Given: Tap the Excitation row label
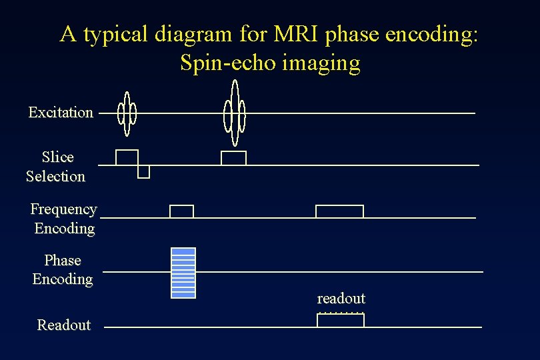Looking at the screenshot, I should (61, 112).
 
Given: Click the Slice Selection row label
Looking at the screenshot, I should (56, 167).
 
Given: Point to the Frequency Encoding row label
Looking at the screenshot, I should (64, 219).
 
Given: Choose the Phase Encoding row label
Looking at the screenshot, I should (63, 269).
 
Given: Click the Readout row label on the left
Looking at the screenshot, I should (64, 325).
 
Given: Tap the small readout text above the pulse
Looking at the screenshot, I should (341, 298).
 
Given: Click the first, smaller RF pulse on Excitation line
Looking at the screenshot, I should (127, 113).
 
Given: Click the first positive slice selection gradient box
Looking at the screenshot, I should (127, 157).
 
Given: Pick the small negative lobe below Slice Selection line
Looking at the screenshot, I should (143, 172).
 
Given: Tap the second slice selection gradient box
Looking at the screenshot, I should (233, 158).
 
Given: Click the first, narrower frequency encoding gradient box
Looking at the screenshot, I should (181, 211).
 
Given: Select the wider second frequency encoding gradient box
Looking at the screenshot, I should (339, 211).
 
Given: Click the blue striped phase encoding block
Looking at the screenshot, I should (183, 273).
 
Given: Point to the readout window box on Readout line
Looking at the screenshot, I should (341, 320).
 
